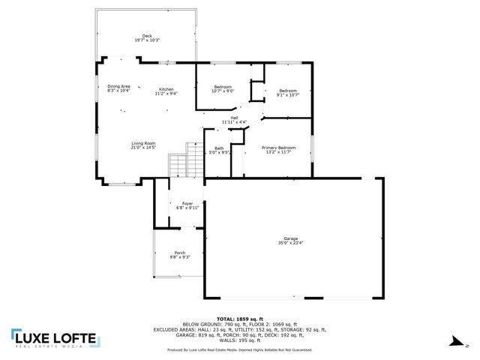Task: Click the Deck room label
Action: [x=147, y=36]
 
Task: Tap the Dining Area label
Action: [x=118, y=86]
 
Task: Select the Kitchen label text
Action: [x=166, y=89]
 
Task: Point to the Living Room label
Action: [x=143, y=143]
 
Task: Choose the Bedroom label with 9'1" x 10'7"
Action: [x=288, y=91]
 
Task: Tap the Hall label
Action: [x=234, y=118]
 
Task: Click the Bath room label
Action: [x=219, y=148]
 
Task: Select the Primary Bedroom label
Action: [x=278, y=148]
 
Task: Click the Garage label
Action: [x=291, y=238]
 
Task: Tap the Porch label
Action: [x=180, y=253]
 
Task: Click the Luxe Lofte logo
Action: [x=53, y=340]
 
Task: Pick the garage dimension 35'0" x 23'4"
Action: [x=291, y=243]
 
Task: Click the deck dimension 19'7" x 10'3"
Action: [x=147, y=40]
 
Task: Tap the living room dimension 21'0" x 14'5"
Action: [x=143, y=148]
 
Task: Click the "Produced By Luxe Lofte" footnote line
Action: [x=239, y=349]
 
